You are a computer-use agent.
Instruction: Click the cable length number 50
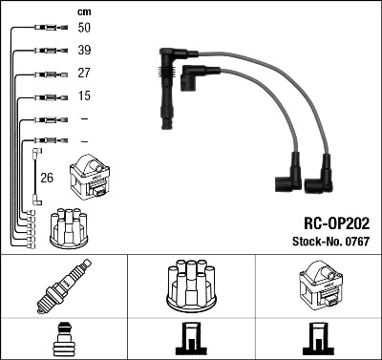point(85,29)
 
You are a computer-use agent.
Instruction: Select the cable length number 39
point(85,50)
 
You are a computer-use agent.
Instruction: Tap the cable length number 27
point(85,73)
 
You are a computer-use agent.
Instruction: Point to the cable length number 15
point(85,95)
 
